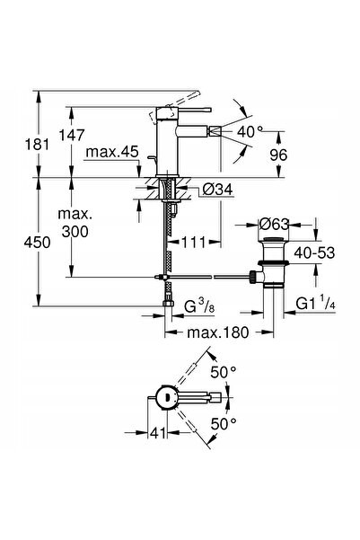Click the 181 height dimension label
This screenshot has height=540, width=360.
37,145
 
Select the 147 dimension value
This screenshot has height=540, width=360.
72,135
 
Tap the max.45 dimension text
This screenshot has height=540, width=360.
112,152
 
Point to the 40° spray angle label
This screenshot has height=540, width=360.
250,131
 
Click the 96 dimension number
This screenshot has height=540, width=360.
278,155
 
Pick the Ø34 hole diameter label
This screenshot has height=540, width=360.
217,189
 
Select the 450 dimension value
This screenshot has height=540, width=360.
37,243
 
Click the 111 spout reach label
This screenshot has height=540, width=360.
194,242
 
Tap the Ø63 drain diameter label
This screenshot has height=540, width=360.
275,225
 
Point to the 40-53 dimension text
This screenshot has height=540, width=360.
314,253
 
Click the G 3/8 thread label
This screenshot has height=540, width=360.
199,305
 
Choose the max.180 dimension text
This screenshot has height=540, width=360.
217,332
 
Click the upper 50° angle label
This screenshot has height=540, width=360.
224,372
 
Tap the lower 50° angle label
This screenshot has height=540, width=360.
224,423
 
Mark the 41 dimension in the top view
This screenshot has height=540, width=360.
158,433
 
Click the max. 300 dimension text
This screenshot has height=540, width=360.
75,223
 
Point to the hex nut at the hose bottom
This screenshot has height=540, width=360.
168,303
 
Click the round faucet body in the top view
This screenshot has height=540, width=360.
166,397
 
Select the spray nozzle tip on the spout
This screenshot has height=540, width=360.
215,131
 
